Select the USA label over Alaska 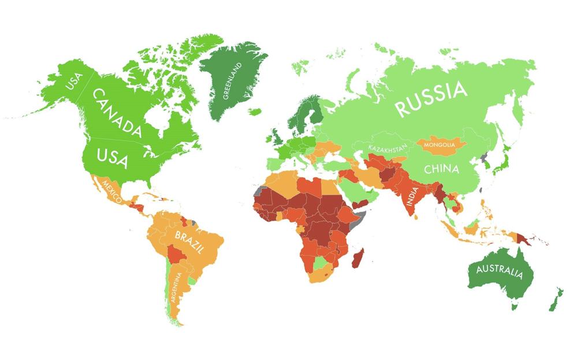75,83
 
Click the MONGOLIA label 440,144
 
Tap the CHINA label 442,169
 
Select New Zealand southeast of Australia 555,298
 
